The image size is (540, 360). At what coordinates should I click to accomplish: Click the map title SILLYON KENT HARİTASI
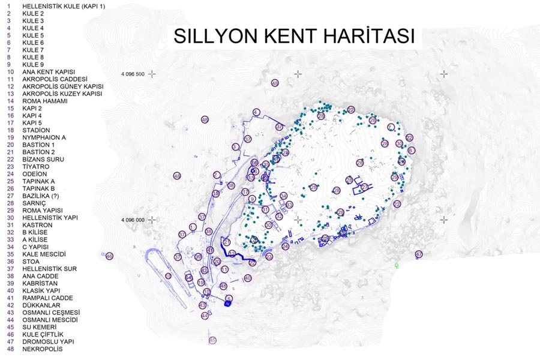click(x=294, y=35)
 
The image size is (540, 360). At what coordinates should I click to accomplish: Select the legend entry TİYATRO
click(x=37, y=167)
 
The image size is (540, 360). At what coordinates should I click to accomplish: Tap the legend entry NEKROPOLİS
click(x=41, y=349)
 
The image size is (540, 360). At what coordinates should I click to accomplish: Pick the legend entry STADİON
click(x=36, y=130)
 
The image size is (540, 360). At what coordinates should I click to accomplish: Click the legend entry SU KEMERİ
click(x=39, y=327)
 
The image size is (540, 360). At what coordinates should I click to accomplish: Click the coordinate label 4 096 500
click(x=133, y=74)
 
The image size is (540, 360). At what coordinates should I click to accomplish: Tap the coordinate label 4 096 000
click(x=133, y=220)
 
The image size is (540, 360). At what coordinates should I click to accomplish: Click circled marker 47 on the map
click(x=419, y=254)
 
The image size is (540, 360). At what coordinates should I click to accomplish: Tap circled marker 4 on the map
click(x=256, y=112)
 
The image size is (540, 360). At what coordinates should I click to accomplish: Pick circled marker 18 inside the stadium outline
click(x=168, y=276)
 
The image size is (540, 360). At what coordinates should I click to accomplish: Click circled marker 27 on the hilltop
click(x=364, y=187)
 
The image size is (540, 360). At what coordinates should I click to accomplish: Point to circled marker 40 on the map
click(x=247, y=278)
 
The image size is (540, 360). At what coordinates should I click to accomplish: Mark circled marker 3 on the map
click(x=235, y=146)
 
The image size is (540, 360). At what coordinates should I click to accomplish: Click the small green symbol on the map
click(x=397, y=265)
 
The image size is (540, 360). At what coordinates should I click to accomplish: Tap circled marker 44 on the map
click(x=205, y=315)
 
